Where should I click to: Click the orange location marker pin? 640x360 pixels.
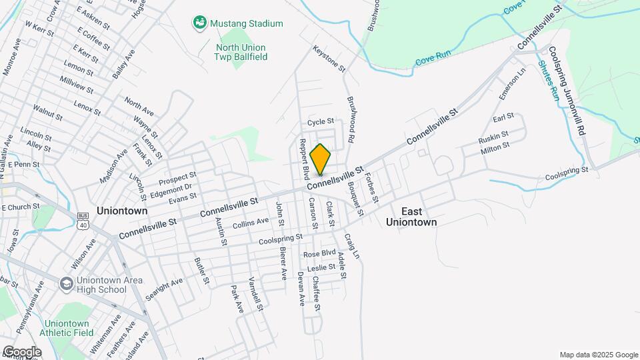point(321,158)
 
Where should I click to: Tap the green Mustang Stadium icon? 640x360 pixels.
point(199,23)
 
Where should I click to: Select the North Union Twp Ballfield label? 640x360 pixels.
point(241,53)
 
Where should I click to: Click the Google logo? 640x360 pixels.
point(22,351)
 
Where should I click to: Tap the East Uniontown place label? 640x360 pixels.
point(411,217)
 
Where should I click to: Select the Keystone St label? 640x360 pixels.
point(329,59)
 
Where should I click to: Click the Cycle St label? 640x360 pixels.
point(321,123)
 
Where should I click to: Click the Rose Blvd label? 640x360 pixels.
point(319,254)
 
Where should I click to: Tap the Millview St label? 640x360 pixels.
point(77,83)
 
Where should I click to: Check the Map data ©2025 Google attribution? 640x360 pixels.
point(599,355)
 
